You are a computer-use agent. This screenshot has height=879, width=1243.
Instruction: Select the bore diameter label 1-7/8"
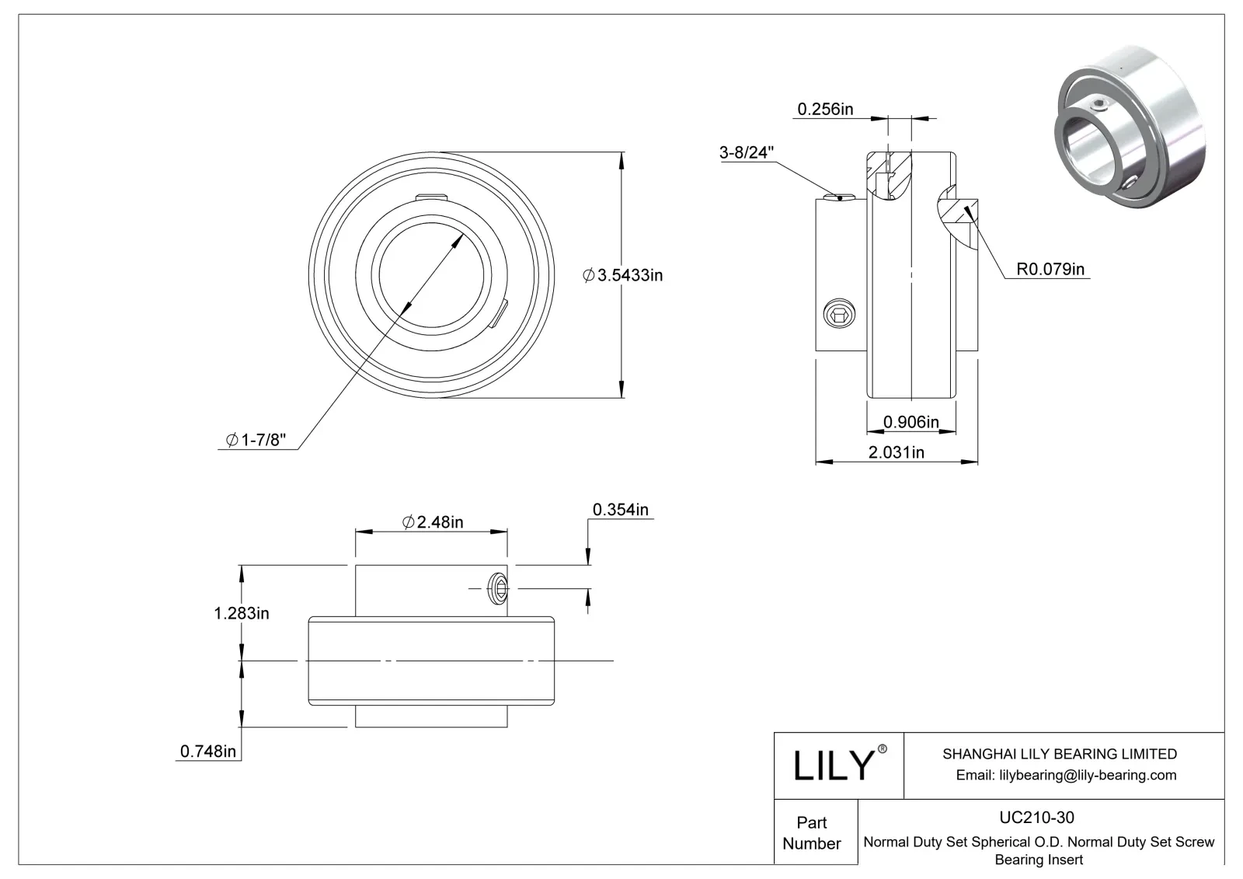256,441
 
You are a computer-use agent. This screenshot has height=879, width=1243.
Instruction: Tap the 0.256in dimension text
825,109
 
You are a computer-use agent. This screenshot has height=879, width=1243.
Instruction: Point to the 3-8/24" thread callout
747,152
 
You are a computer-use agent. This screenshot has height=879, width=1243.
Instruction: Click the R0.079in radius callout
1050,270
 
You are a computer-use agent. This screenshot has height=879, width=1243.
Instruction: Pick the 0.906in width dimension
910,422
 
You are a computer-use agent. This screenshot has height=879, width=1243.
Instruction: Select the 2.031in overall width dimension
896,452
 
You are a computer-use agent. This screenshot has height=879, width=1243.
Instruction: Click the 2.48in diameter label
433,522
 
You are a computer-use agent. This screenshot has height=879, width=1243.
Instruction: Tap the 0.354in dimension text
620,510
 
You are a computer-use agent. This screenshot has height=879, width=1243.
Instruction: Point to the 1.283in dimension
242,613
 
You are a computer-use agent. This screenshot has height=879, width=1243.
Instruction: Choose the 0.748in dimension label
207,751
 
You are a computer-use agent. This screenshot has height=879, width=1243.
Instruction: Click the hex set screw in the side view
839,315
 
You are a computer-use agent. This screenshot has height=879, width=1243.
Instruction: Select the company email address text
1066,775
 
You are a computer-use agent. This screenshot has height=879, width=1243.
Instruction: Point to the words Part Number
812,832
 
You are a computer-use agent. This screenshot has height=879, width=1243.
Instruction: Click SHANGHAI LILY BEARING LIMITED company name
1059,754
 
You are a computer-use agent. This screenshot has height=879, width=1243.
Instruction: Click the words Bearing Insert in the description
1039,860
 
